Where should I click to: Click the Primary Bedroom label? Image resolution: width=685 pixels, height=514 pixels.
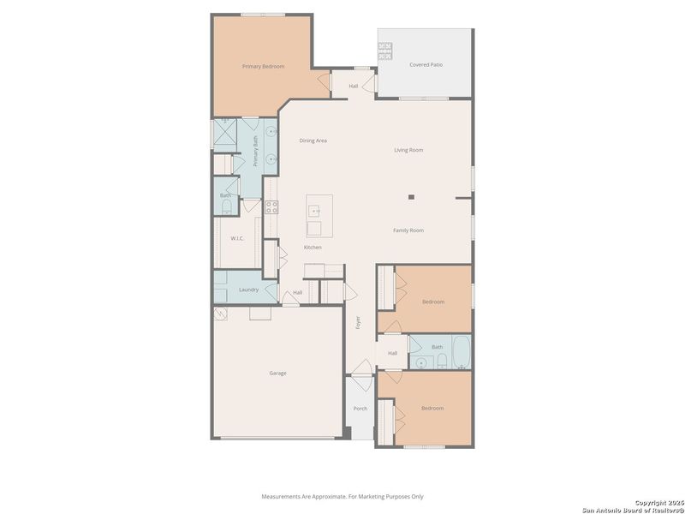pos(263,66)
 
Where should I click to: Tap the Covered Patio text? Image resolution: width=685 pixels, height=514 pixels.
pos(426,64)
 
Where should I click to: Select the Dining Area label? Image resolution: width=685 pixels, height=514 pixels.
pos(313,140)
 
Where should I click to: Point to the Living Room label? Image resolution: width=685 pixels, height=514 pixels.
pos(408,150)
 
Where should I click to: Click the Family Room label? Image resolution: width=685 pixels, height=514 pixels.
pos(408,230)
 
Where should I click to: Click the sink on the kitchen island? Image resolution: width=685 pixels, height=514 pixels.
pos(314,209)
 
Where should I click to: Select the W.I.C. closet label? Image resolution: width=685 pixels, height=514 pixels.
pos(237,238)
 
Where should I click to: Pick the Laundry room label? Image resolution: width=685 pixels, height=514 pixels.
pos(248,290)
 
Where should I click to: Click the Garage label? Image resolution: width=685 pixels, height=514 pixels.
pos(277,373)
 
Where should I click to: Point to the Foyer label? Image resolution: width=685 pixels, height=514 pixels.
pos(359,323)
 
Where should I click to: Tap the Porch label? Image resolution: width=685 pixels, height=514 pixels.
pos(360,409)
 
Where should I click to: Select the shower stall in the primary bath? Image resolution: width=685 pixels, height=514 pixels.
pos(227,134)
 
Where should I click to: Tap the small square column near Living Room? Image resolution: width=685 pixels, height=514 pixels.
pos(411,197)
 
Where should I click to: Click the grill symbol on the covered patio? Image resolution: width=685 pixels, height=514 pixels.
pos(385,50)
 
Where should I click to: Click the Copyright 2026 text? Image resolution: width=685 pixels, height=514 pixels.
pos(658,503)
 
